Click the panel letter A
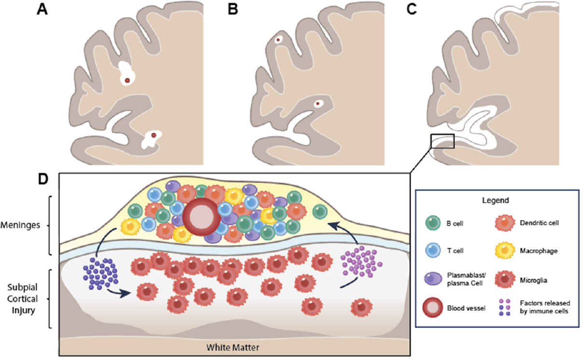42,9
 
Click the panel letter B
233,9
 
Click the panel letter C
412,9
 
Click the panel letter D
43,179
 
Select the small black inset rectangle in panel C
443,141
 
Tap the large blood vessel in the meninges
201,217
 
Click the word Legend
495,200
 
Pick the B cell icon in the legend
433,223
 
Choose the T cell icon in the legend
433,250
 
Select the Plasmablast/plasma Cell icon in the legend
433,279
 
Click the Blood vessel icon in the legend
432,308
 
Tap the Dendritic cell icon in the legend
505,223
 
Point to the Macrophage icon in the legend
505,250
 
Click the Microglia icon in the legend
505,279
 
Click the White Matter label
233,347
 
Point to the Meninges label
20,225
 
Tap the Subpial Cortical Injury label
22,299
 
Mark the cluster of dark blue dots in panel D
100,273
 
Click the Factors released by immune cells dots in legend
504,307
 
